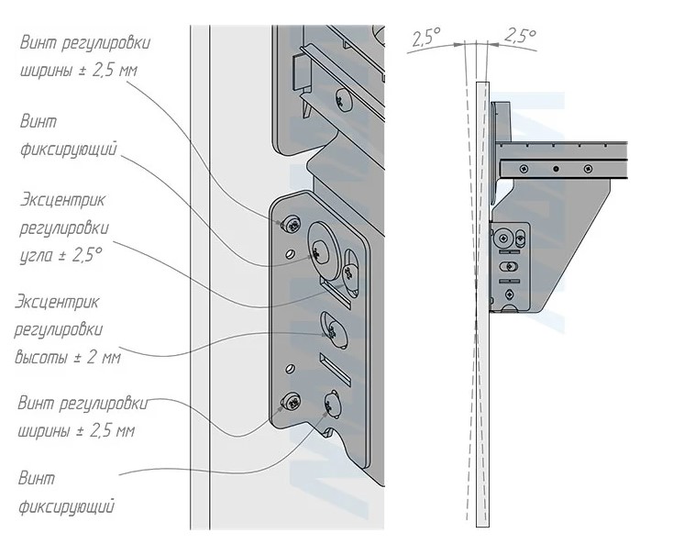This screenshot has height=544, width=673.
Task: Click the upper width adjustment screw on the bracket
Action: (292, 222)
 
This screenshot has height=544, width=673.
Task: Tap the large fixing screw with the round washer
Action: (322, 244)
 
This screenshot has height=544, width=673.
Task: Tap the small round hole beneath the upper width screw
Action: (291, 251)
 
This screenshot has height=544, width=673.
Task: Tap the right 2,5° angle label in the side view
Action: (520, 37)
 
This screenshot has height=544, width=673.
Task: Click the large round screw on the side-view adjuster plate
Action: (503, 240)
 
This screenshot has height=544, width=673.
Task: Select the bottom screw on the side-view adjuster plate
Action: (506, 294)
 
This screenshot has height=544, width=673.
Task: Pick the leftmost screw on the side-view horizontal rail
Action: (523, 168)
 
